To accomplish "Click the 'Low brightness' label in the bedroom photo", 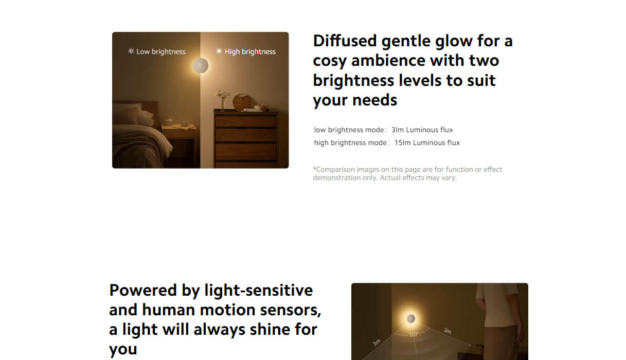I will coord(161,51).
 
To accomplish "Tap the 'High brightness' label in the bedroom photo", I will coord(250,51).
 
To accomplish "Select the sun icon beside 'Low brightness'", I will coord(131,51).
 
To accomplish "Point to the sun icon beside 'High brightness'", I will coord(219,51).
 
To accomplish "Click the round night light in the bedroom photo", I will coord(200,66).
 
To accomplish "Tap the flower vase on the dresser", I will coord(223,100).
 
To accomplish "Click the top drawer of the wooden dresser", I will coord(246,121).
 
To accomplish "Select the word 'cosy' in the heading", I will coord(331,61).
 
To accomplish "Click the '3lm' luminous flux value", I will coord(397,130).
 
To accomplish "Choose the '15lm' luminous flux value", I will coord(402,142).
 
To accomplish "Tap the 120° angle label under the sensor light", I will coord(414,334).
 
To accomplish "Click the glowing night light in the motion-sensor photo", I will coord(411,319).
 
